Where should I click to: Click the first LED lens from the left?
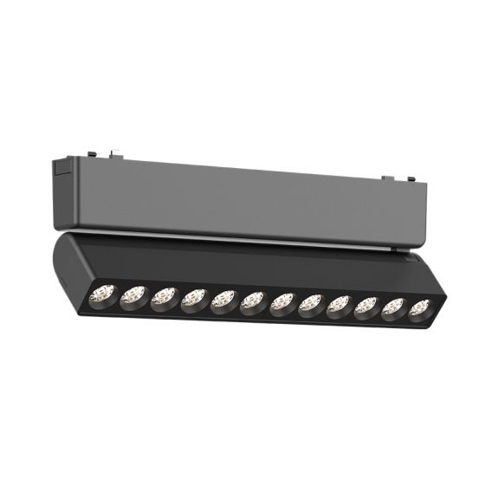(x=102, y=293)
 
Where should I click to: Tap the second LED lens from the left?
(x=133, y=294)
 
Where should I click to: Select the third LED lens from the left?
(x=163, y=297)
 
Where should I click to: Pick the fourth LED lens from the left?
(x=193, y=299)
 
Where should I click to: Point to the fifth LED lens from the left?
(x=223, y=301)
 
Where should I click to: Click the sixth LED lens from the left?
(x=252, y=301)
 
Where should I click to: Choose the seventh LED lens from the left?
(x=281, y=303)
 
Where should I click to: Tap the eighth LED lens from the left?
(x=310, y=304)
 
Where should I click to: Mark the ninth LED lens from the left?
(x=339, y=306)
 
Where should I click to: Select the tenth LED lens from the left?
(x=366, y=307)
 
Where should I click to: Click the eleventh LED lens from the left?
(x=393, y=308)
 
